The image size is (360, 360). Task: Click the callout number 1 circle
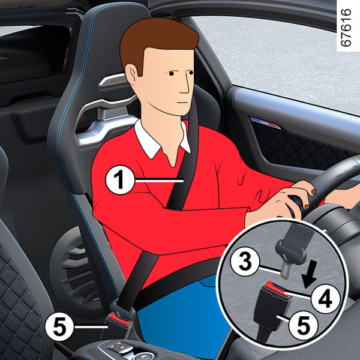(119, 180)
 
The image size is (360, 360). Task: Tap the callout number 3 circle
(245, 262)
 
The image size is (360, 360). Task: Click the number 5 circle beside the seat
(59, 326)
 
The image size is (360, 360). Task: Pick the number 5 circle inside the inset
(303, 326)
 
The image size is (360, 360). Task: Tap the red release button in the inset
(277, 289)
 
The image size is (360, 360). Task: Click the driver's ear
(131, 74)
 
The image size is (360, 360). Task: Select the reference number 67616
(346, 28)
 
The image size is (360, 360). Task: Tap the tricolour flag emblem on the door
(265, 123)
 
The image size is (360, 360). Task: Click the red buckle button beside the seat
(120, 319)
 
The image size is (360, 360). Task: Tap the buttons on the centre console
(119, 347)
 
